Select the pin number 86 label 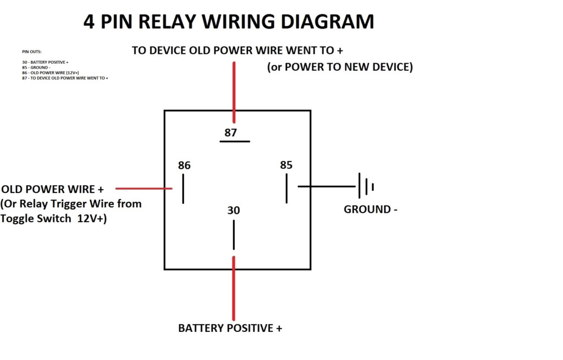tap(184, 165)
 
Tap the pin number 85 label tap(286, 165)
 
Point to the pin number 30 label tap(234, 211)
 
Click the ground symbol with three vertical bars tap(366, 186)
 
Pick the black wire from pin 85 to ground tap(327, 186)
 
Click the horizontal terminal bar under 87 tap(235, 142)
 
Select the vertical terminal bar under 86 tap(183, 189)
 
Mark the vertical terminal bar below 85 tap(286, 189)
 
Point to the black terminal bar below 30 tap(234, 235)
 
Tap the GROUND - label tap(370, 209)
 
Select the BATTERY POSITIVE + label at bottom tap(230, 329)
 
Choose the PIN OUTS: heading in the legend tap(32, 51)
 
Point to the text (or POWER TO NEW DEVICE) tap(340, 67)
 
